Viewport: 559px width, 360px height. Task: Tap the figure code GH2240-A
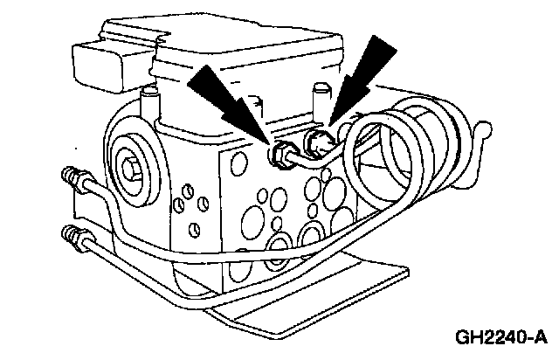pos(500,337)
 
